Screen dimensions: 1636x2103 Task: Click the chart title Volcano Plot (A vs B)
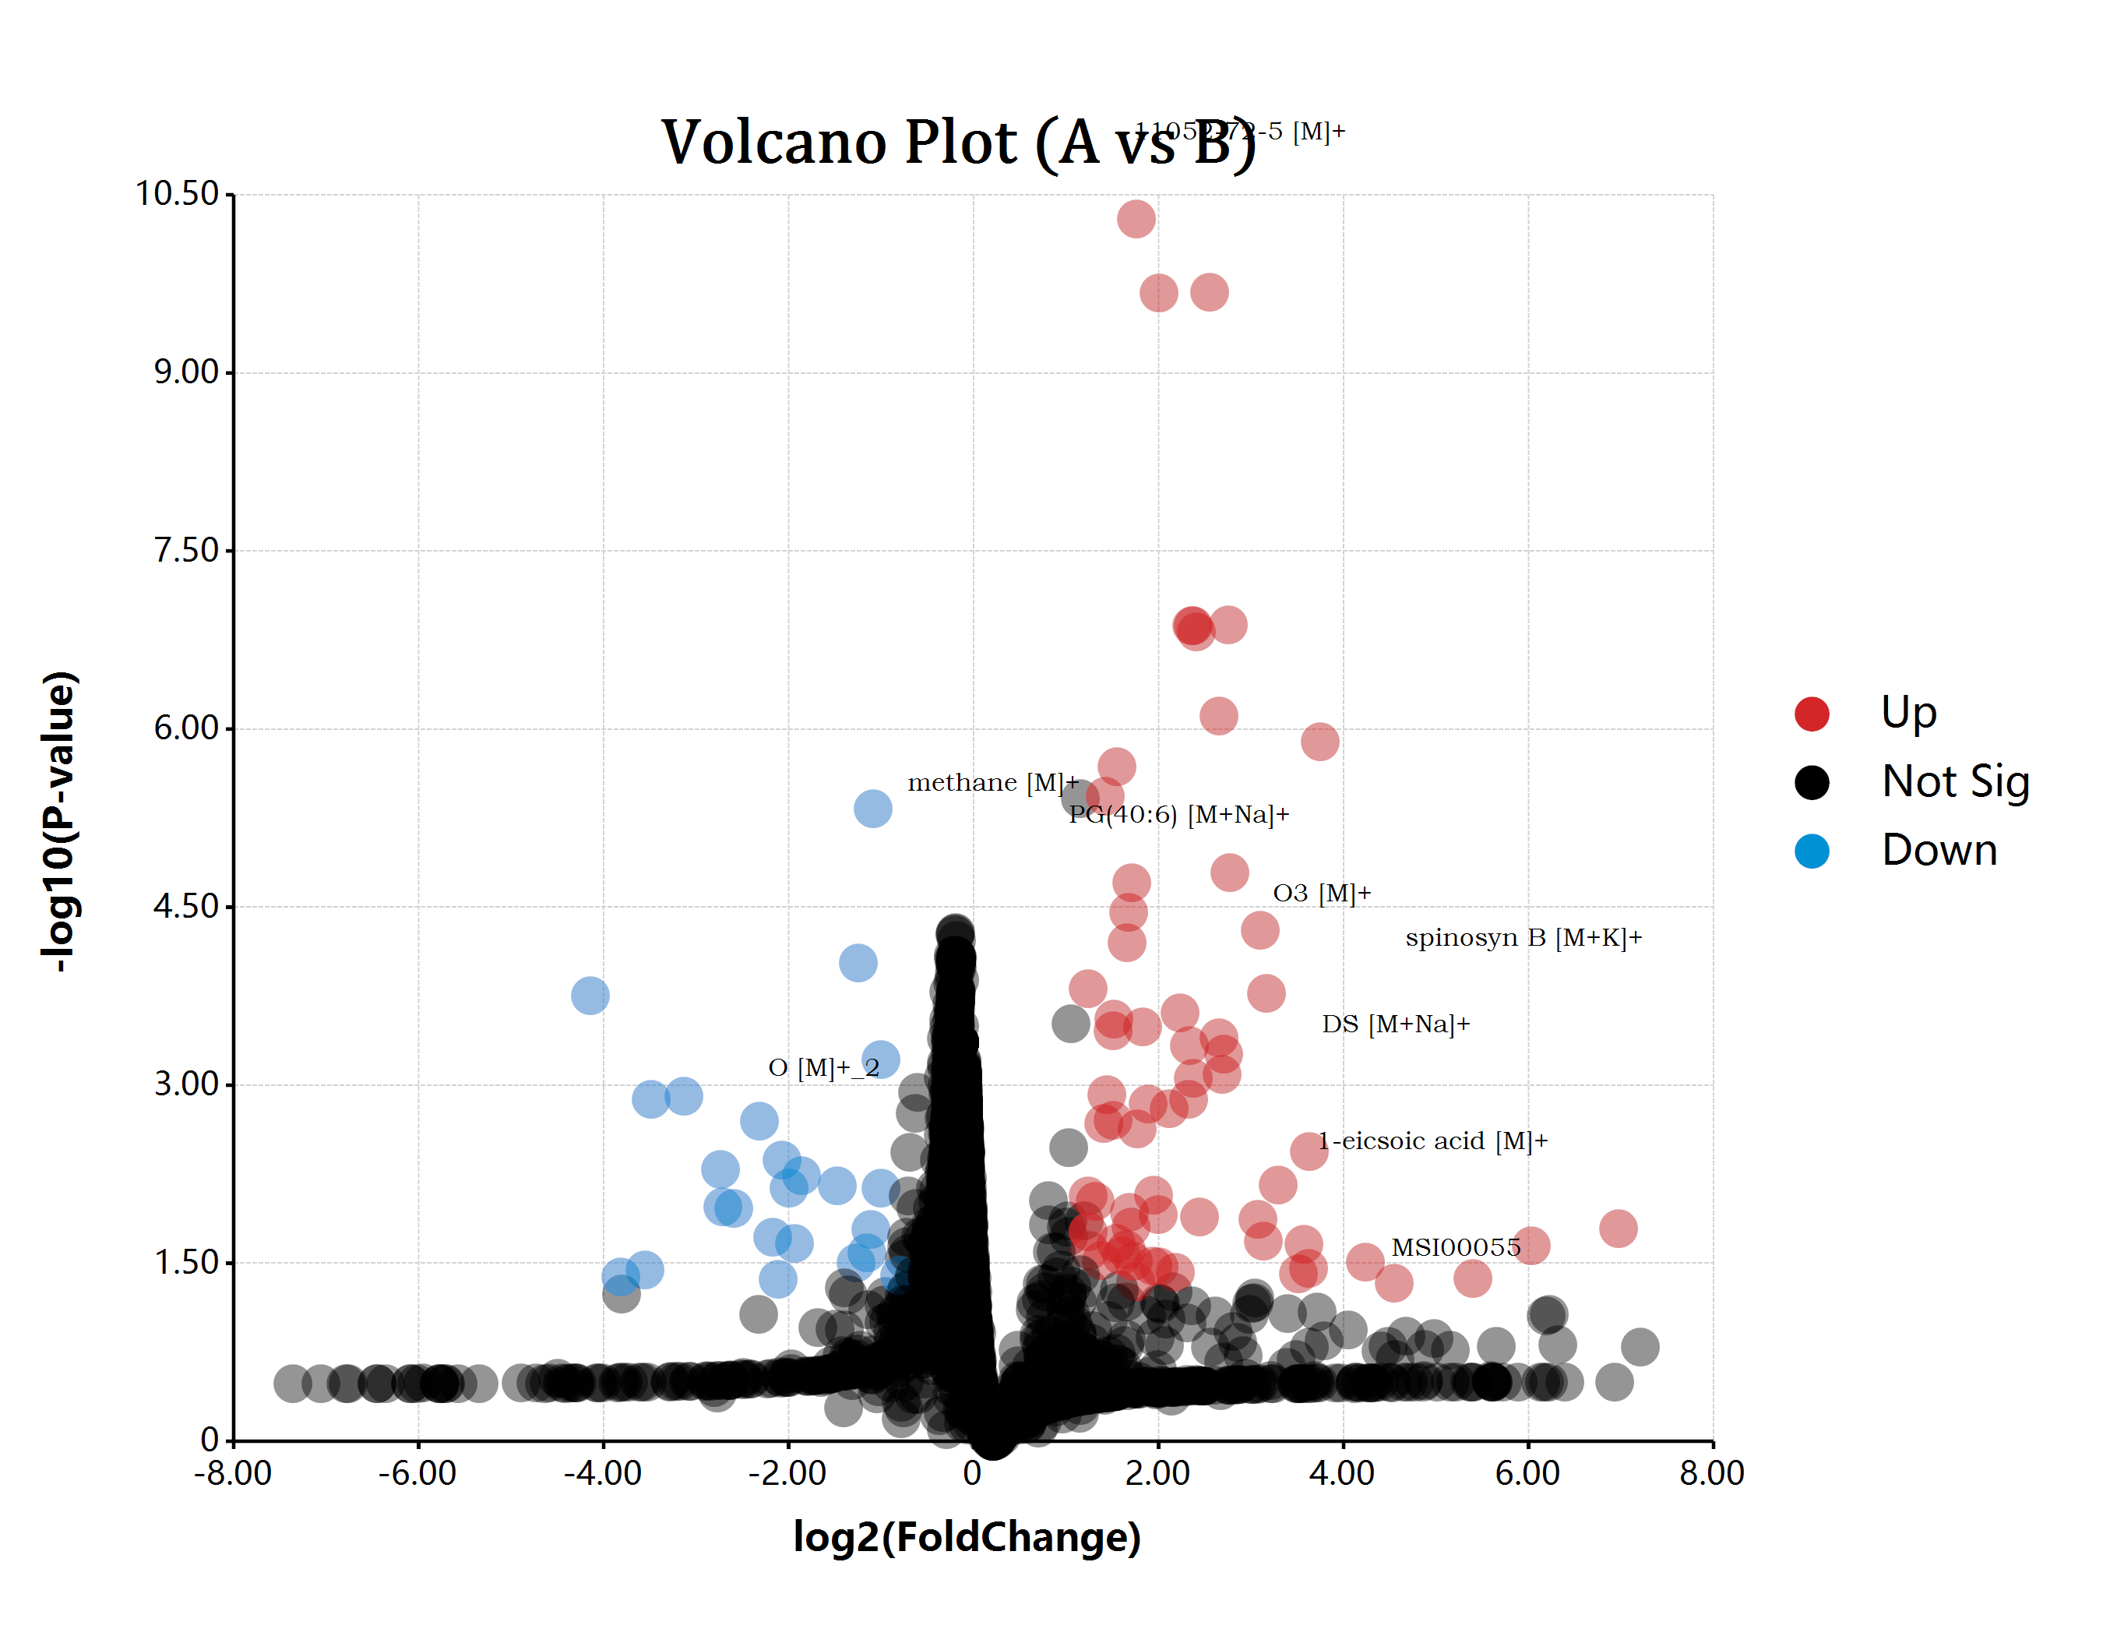pyautogui.click(x=958, y=143)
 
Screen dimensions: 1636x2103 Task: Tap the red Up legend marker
pyautogui.click(x=1811, y=714)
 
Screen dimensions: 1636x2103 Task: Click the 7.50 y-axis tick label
pyautogui.click(x=187, y=550)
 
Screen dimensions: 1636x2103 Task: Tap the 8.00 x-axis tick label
pyautogui.click(x=1711, y=1472)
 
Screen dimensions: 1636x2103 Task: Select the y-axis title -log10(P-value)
pyautogui.click(x=60, y=820)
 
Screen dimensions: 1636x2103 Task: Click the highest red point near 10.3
pyautogui.click(x=1136, y=219)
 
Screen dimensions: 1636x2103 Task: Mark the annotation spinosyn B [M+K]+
pyautogui.click(x=1524, y=937)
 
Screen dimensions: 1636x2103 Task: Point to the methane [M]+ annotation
pyautogui.click(x=992, y=782)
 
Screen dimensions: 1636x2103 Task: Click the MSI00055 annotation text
pyautogui.click(x=1455, y=1247)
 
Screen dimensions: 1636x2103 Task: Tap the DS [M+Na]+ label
pyautogui.click(x=1395, y=1024)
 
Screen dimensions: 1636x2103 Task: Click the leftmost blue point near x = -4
pyautogui.click(x=590, y=995)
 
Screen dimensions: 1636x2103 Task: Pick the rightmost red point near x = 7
pyautogui.click(x=1618, y=1228)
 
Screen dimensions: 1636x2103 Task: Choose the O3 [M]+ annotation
pyautogui.click(x=1321, y=893)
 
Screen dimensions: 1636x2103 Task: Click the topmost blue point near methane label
pyautogui.click(x=872, y=808)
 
